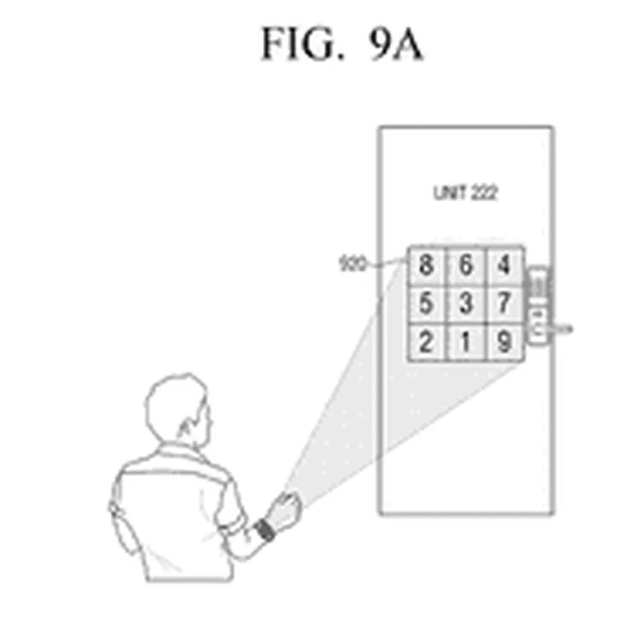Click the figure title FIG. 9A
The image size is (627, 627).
(x=342, y=44)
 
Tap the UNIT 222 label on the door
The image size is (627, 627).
(x=465, y=193)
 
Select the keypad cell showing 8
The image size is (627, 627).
(x=426, y=266)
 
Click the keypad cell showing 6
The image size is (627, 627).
(x=466, y=266)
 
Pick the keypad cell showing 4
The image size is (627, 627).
(x=504, y=266)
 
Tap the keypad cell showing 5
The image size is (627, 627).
(x=426, y=304)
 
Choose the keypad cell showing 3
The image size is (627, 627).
(x=466, y=304)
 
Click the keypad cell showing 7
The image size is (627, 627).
(x=504, y=304)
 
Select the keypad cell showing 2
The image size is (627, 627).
(x=426, y=342)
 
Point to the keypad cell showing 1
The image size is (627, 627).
(x=466, y=342)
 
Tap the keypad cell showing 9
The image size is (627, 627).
(x=504, y=342)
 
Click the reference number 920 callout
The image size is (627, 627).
(x=352, y=265)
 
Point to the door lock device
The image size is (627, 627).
(x=538, y=306)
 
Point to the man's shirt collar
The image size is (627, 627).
(x=178, y=453)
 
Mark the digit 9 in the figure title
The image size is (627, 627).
(x=381, y=44)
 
